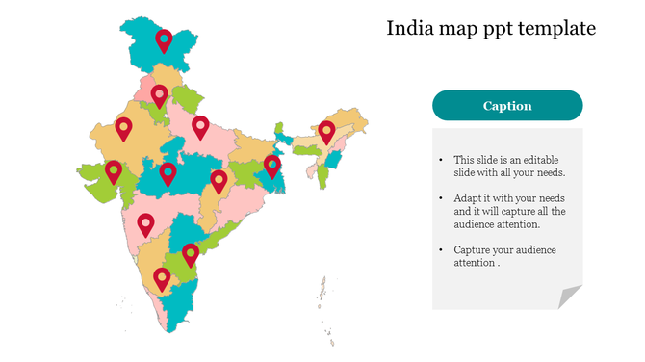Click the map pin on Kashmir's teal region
tap(164, 39)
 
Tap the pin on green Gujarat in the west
tap(114, 170)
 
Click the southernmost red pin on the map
tap(162, 278)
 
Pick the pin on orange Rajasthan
tap(123, 127)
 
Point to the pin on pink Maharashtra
tap(145, 223)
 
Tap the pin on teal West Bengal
tap(272, 167)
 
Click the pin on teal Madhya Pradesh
tap(168, 173)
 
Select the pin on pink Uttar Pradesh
tap(200, 126)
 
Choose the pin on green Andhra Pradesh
tap(191, 254)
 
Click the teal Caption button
tap(507, 106)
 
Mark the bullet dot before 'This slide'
tap(440, 160)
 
